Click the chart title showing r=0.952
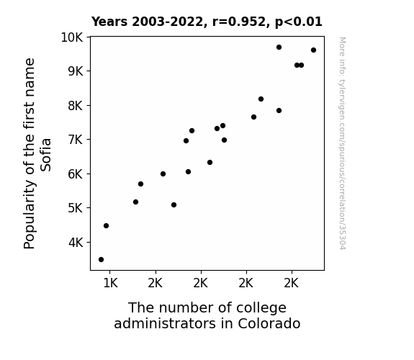pyautogui.click(x=207, y=22)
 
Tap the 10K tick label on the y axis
pyautogui.click(x=72, y=37)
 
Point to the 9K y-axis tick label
pyautogui.click(x=76, y=71)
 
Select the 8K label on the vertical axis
pyautogui.click(x=76, y=106)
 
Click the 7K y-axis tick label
pyautogui.click(x=76, y=140)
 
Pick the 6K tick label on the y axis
pyautogui.click(x=76, y=174)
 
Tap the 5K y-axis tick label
pyautogui.click(x=76, y=208)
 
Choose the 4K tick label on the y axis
pyautogui.click(x=76, y=243)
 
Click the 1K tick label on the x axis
pyautogui.click(x=110, y=284)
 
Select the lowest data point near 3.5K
pyautogui.click(x=101, y=260)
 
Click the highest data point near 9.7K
pyautogui.click(x=279, y=48)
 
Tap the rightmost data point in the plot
pyautogui.click(x=313, y=50)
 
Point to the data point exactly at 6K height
pyautogui.click(x=163, y=174)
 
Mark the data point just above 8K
pyautogui.click(x=261, y=99)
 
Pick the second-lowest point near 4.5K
pyautogui.click(x=106, y=226)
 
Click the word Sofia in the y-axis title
pyautogui.click(x=45, y=155)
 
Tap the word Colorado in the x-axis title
pyautogui.click(x=269, y=323)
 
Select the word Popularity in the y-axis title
pyautogui.click(x=30, y=215)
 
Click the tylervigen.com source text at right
pyautogui.click(x=342, y=143)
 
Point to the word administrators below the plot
pyautogui.click(x=164, y=323)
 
